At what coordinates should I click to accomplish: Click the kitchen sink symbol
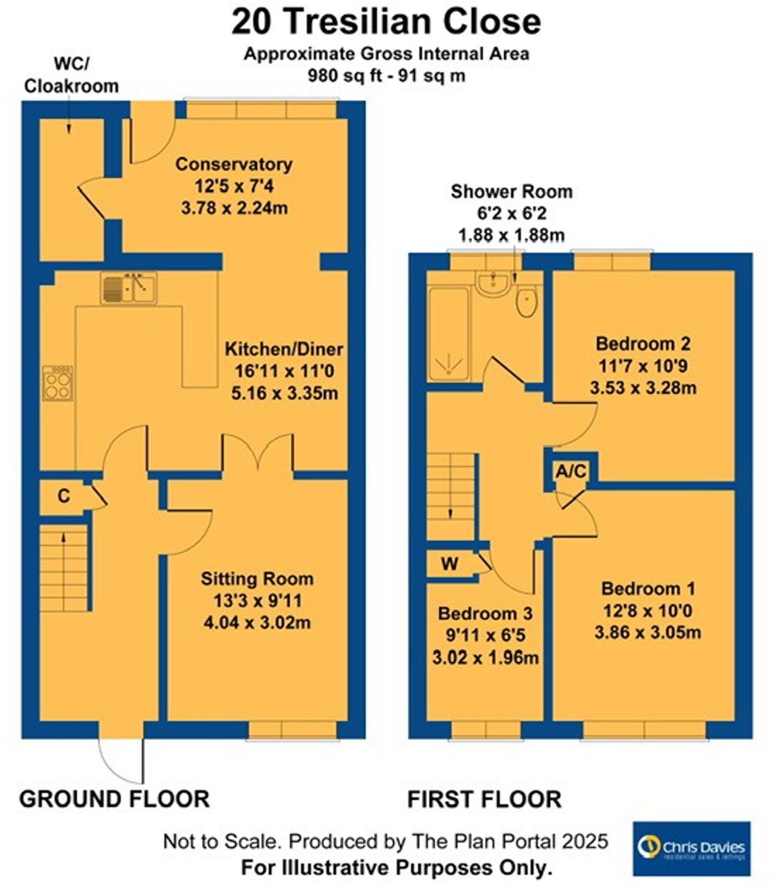coord(128,288)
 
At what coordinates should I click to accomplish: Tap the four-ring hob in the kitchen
coord(57,383)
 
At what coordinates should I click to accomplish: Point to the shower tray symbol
coord(448,334)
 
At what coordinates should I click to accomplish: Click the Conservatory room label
coord(234,164)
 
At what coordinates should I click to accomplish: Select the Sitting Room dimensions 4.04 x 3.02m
coord(257,622)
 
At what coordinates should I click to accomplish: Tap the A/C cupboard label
coord(571,471)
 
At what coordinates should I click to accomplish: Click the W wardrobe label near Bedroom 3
coord(449,564)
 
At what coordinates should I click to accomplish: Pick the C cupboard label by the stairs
coord(64,496)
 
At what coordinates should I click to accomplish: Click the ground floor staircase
coord(64,567)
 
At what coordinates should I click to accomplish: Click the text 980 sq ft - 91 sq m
coord(386,76)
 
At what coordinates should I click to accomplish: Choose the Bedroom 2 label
coord(642,344)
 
